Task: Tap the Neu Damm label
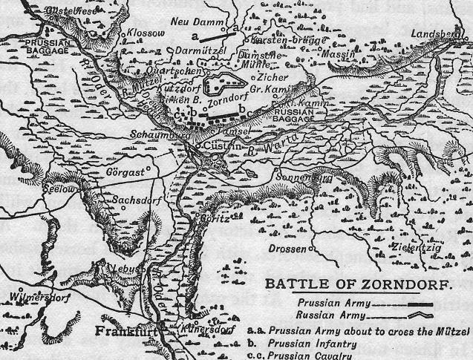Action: coord(192,22)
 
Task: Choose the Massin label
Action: coord(336,55)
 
